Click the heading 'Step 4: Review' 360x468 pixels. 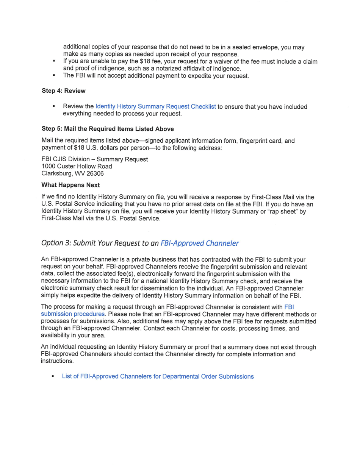(x=63, y=91)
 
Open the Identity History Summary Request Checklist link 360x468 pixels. (x=155, y=107)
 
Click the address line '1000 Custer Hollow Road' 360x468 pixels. (x=77, y=166)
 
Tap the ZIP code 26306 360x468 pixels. (x=95, y=173)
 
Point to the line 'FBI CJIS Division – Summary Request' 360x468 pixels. (x=94, y=159)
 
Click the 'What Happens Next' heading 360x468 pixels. (x=70, y=185)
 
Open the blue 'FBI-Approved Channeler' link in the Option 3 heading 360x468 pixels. (x=200, y=243)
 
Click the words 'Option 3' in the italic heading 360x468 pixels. (x=56, y=243)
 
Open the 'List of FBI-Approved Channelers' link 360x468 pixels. (x=158, y=376)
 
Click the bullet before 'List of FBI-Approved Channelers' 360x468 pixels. (x=53, y=376)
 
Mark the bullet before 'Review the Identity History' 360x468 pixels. (x=54, y=107)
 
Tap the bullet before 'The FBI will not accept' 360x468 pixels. (x=54, y=76)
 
